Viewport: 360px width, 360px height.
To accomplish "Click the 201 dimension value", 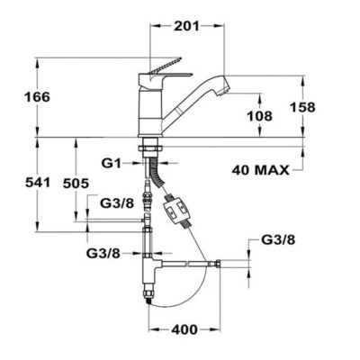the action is pos(186,26).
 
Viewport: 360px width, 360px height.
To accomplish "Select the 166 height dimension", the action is pos(37,97).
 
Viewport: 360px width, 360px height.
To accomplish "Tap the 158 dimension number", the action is pos(302,107).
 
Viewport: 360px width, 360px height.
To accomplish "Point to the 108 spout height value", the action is pos(259,116).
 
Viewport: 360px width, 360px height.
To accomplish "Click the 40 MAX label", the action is pos(261,170).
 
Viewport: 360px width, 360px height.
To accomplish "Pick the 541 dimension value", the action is pos(38,182).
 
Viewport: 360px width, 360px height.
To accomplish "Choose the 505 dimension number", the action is pos(76,183).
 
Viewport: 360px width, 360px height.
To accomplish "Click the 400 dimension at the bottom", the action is pos(184,329).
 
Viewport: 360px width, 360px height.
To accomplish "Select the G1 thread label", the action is pos(111,164).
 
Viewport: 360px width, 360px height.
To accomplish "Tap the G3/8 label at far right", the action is pos(278,239).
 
